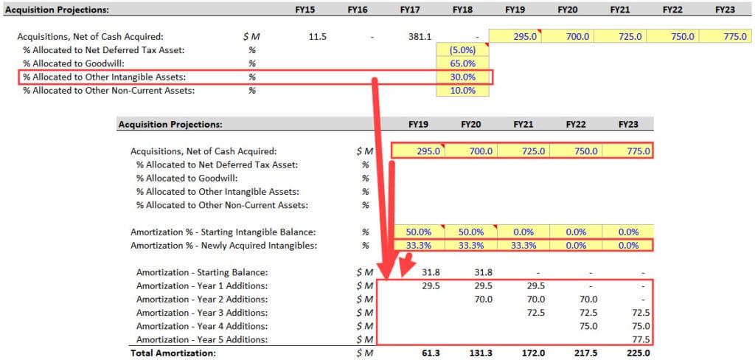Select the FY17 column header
point(410,10)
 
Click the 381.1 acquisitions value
point(419,36)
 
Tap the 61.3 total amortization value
point(430,353)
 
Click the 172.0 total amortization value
point(533,353)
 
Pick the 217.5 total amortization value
point(586,353)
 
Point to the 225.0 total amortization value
point(638,353)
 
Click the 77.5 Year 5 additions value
point(640,339)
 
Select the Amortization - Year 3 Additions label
point(201,313)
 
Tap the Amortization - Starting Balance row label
point(201,272)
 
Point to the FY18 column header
point(463,10)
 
